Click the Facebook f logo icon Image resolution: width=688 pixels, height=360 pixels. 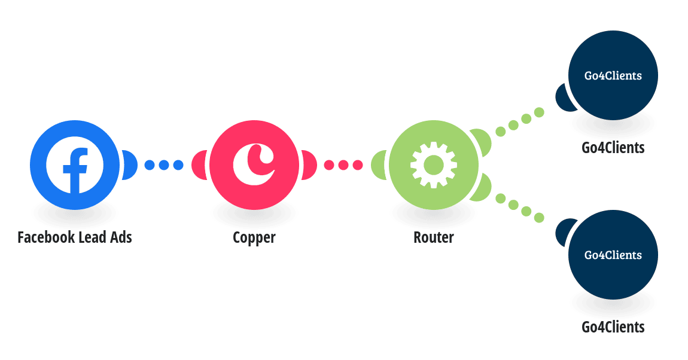point(75,165)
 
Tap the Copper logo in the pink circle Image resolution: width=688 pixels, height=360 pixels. point(254,165)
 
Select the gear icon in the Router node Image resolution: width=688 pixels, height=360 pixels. point(434,165)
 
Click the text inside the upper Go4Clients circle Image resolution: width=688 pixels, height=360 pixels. point(613,76)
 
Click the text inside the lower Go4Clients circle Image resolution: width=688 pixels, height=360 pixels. point(613,255)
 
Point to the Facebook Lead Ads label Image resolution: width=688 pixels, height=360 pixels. point(75,237)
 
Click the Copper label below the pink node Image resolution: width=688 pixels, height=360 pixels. point(254,238)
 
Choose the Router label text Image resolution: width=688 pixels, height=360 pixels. point(434,237)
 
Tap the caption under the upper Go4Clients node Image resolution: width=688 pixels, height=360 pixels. point(613,148)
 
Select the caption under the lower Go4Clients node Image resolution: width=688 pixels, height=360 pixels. point(613,327)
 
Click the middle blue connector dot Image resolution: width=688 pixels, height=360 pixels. point(164,165)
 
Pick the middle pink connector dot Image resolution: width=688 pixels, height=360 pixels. point(343,165)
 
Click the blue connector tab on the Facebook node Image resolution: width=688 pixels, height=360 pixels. point(130,165)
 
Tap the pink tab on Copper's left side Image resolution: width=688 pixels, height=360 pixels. point(199,165)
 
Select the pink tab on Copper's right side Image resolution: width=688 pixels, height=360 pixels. point(309,165)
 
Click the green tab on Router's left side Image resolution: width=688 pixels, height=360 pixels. point(379,165)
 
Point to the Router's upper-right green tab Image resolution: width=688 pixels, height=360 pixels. point(483,141)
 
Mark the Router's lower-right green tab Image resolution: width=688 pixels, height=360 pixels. point(483,188)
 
